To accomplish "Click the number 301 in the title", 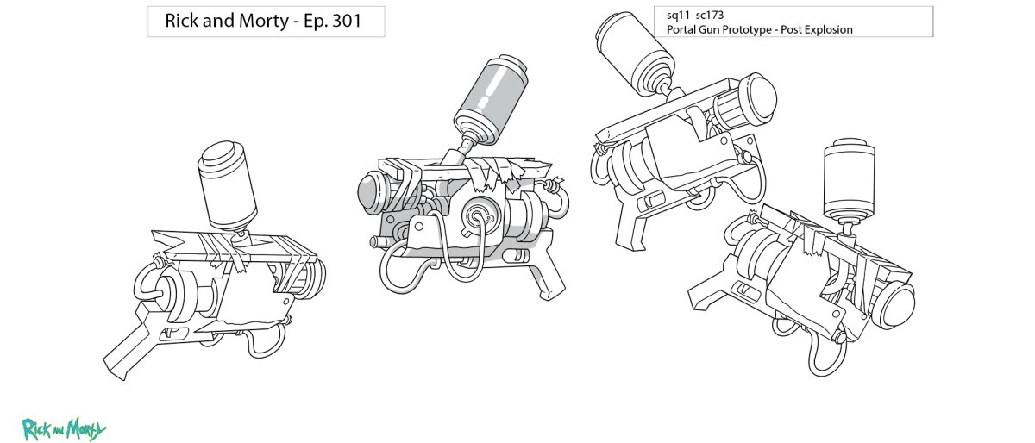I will (343, 22).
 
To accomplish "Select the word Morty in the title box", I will (258, 22).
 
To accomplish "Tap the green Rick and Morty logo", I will (64, 427).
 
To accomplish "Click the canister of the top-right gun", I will (630, 49).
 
